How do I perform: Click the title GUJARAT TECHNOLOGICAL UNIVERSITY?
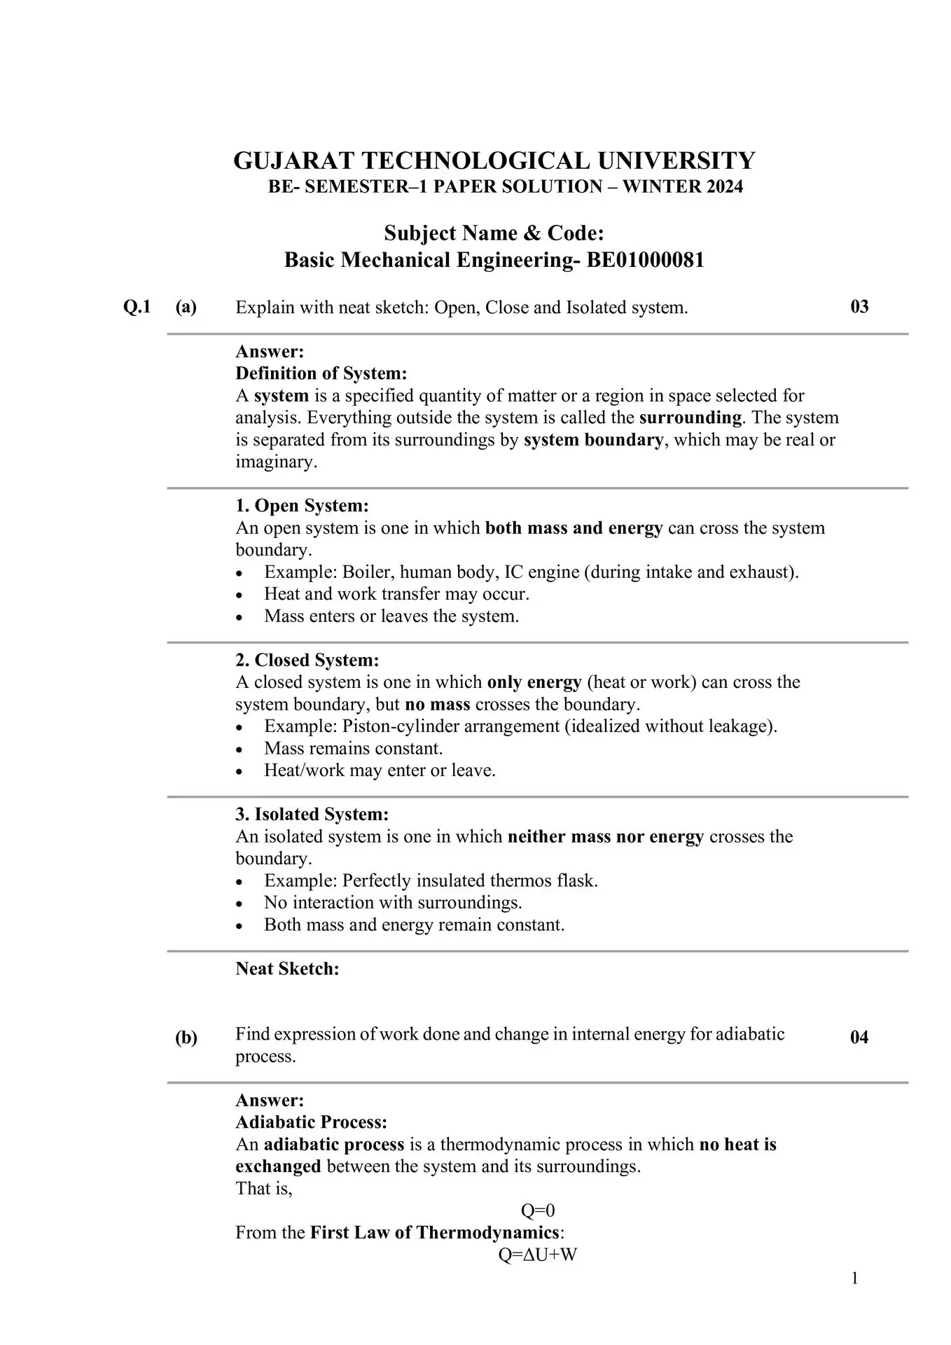click(494, 160)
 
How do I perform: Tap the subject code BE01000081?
click(645, 261)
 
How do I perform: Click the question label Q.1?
click(137, 307)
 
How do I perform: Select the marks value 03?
click(859, 307)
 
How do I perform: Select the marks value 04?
click(859, 1037)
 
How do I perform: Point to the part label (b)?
click(186, 1037)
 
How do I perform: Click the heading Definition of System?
click(321, 373)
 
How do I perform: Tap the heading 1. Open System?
click(302, 506)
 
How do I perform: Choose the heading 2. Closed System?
click(307, 660)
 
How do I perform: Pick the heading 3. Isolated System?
click(312, 814)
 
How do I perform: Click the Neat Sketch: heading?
click(287, 969)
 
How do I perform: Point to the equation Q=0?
click(538, 1210)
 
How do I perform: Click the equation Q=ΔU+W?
click(537, 1255)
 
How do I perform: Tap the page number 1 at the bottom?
click(854, 1279)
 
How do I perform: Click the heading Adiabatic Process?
click(311, 1122)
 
